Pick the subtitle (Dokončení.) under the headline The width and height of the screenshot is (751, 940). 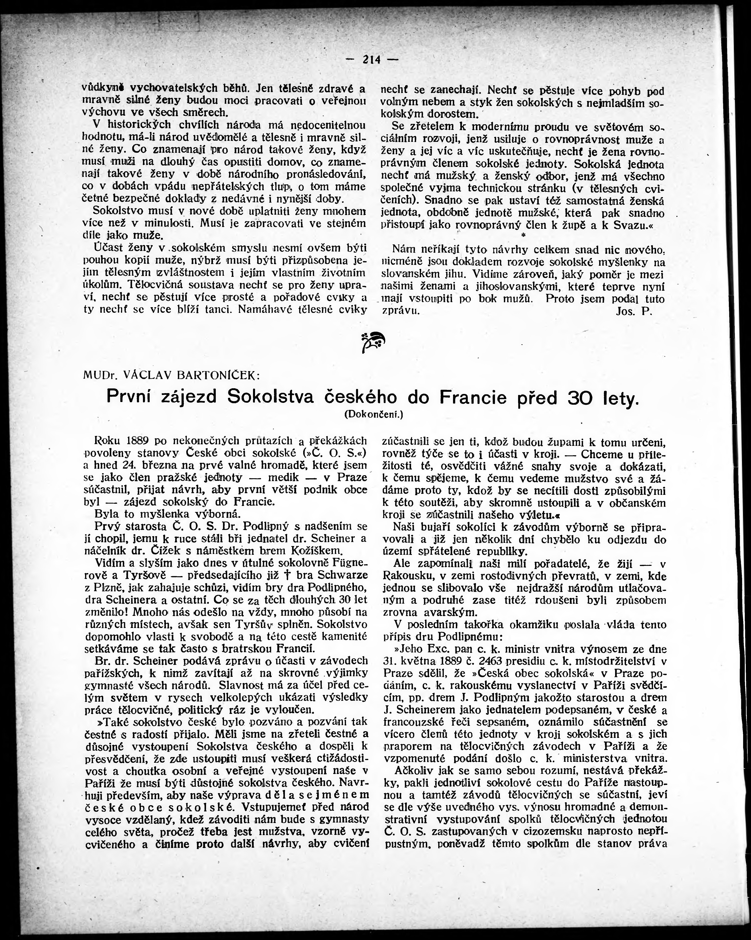point(373,415)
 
